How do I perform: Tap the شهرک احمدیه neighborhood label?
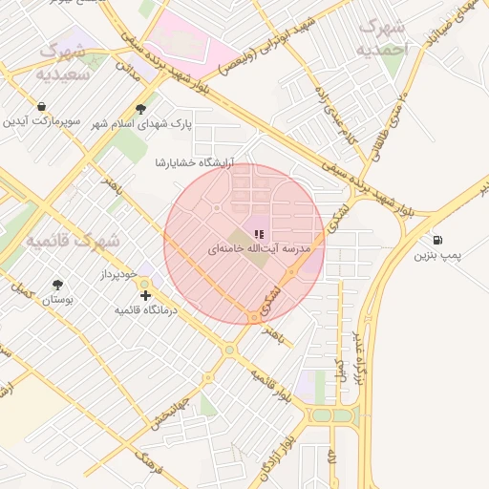point(382,36)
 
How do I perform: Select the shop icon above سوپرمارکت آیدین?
point(41,107)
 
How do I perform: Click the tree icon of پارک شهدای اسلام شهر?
point(141,109)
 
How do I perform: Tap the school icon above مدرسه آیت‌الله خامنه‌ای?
point(259,233)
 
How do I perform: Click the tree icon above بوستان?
point(57,285)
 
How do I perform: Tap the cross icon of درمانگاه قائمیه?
point(145,296)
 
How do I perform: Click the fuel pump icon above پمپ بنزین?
point(437,241)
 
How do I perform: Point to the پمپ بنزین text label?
point(437,256)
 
